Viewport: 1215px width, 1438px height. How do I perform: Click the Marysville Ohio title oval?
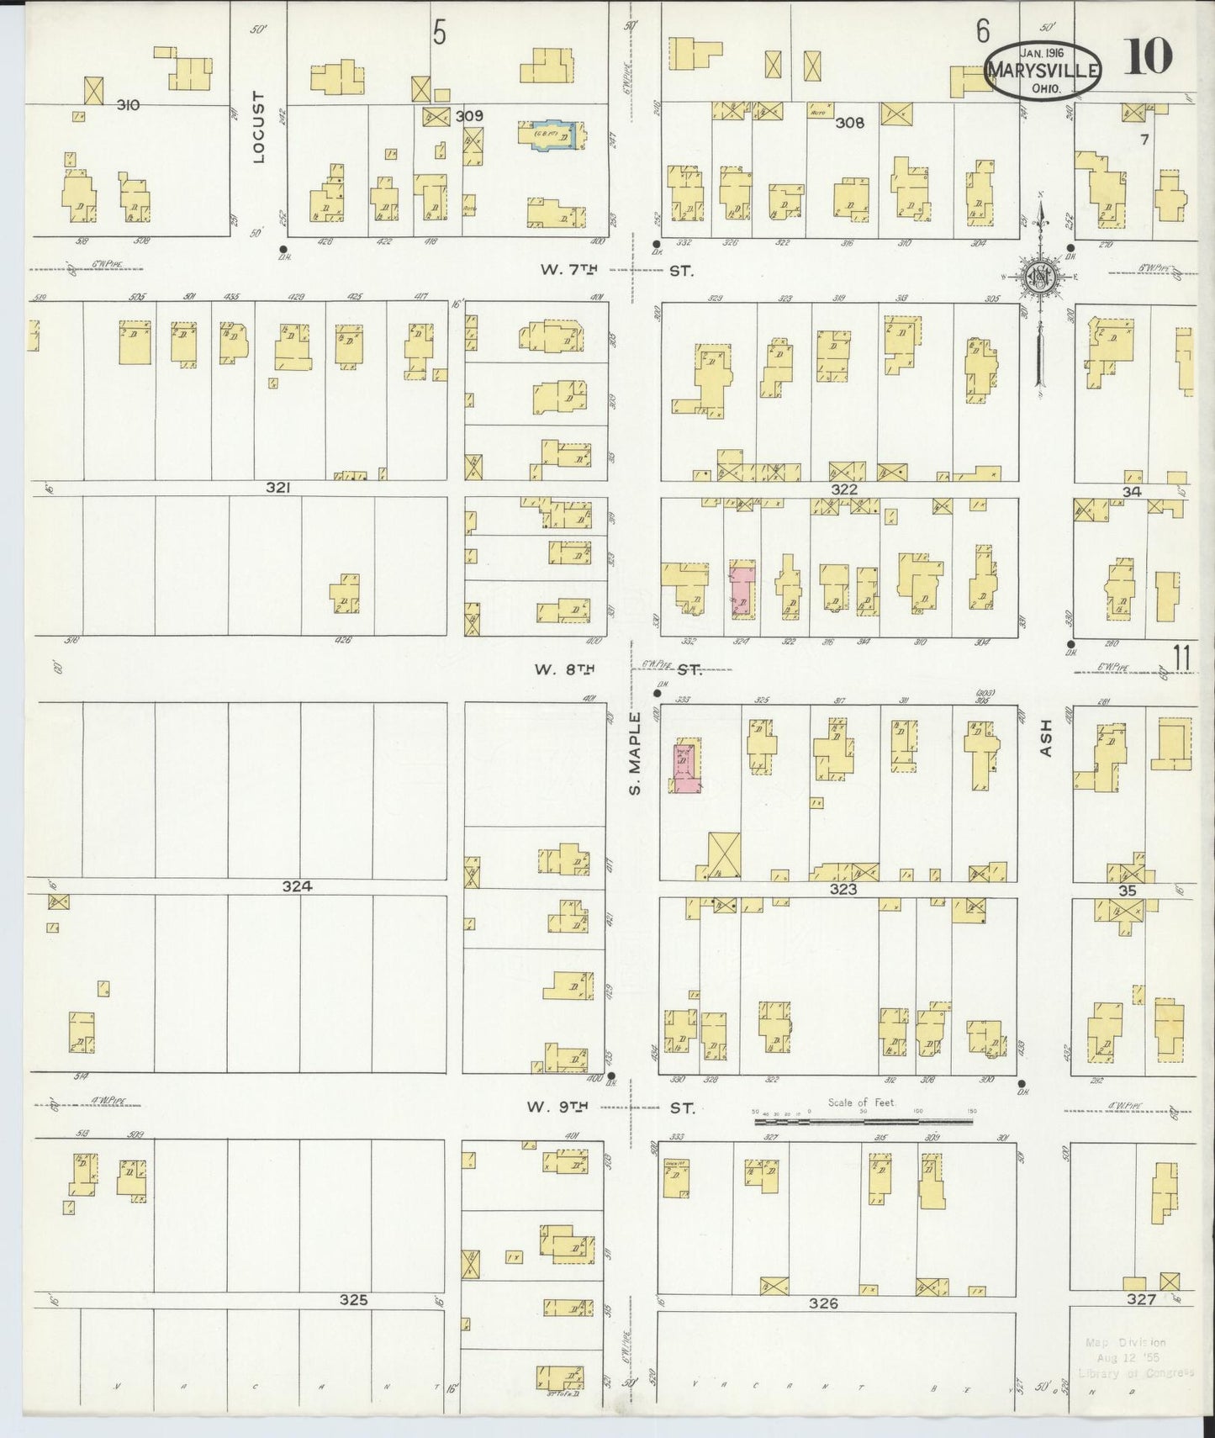click(x=1042, y=70)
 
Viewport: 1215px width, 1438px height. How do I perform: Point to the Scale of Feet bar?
click(x=864, y=1121)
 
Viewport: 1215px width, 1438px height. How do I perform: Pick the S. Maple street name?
click(x=637, y=752)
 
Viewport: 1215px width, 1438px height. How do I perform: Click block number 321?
click(x=278, y=487)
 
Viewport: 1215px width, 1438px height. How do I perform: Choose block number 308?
click(x=849, y=123)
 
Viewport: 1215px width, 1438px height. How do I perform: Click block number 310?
click(x=128, y=105)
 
